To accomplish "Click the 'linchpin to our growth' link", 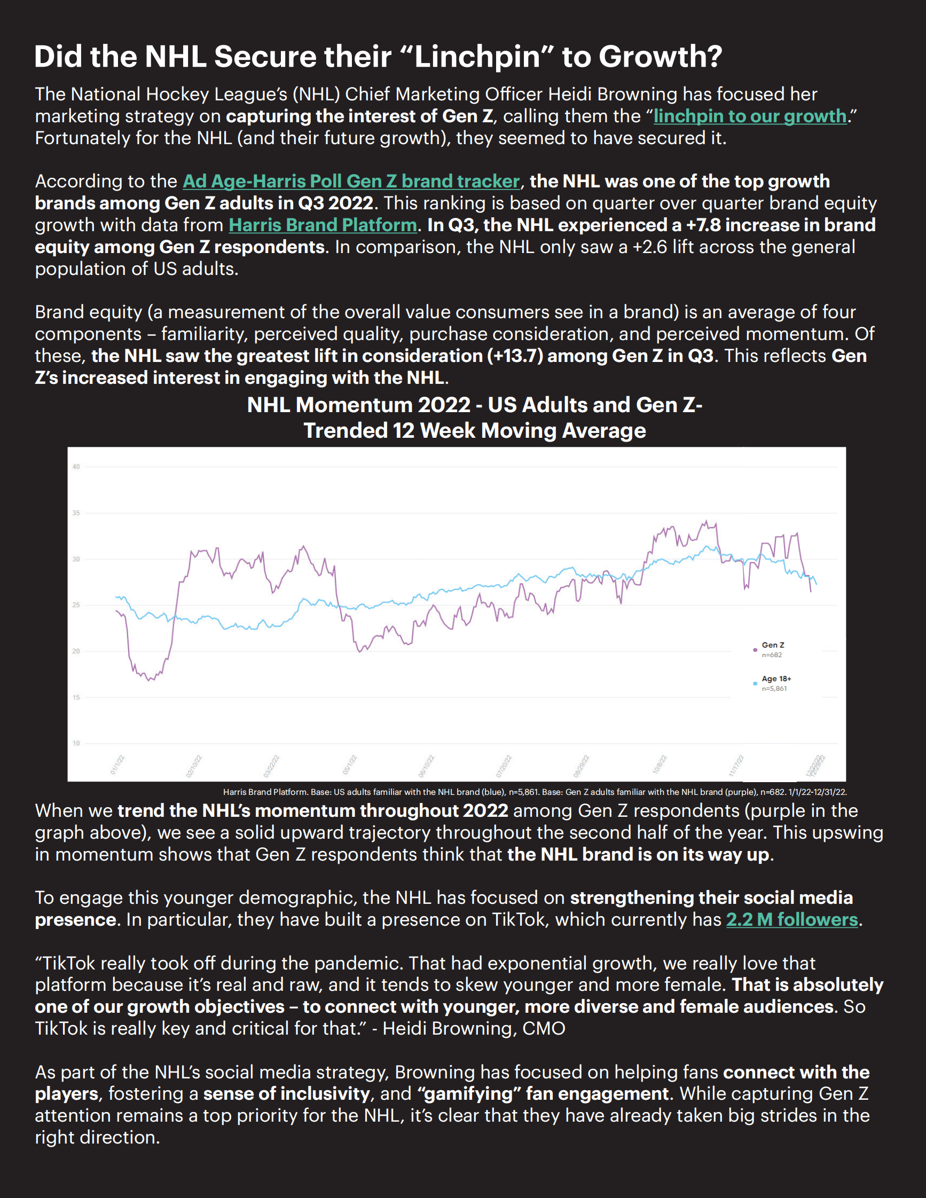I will [x=750, y=116].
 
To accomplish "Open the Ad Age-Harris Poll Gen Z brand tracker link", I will [x=351, y=182].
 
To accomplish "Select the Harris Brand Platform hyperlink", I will [x=323, y=225].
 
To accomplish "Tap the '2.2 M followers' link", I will [x=791, y=920].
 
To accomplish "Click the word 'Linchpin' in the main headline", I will [x=478, y=57].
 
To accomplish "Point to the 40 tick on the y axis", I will [x=76, y=467].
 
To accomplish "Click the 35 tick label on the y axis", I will [x=76, y=513].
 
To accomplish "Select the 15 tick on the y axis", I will [x=76, y=697].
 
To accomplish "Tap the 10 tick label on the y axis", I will [x=76, y=743].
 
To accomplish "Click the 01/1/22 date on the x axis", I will [x=117, y=764].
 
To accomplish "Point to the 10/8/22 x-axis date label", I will [x=660, y=764].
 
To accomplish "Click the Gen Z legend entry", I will [x=772, y=645].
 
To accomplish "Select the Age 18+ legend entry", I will [x=776, y=679].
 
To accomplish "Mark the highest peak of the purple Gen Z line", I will [x=706, y=521].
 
